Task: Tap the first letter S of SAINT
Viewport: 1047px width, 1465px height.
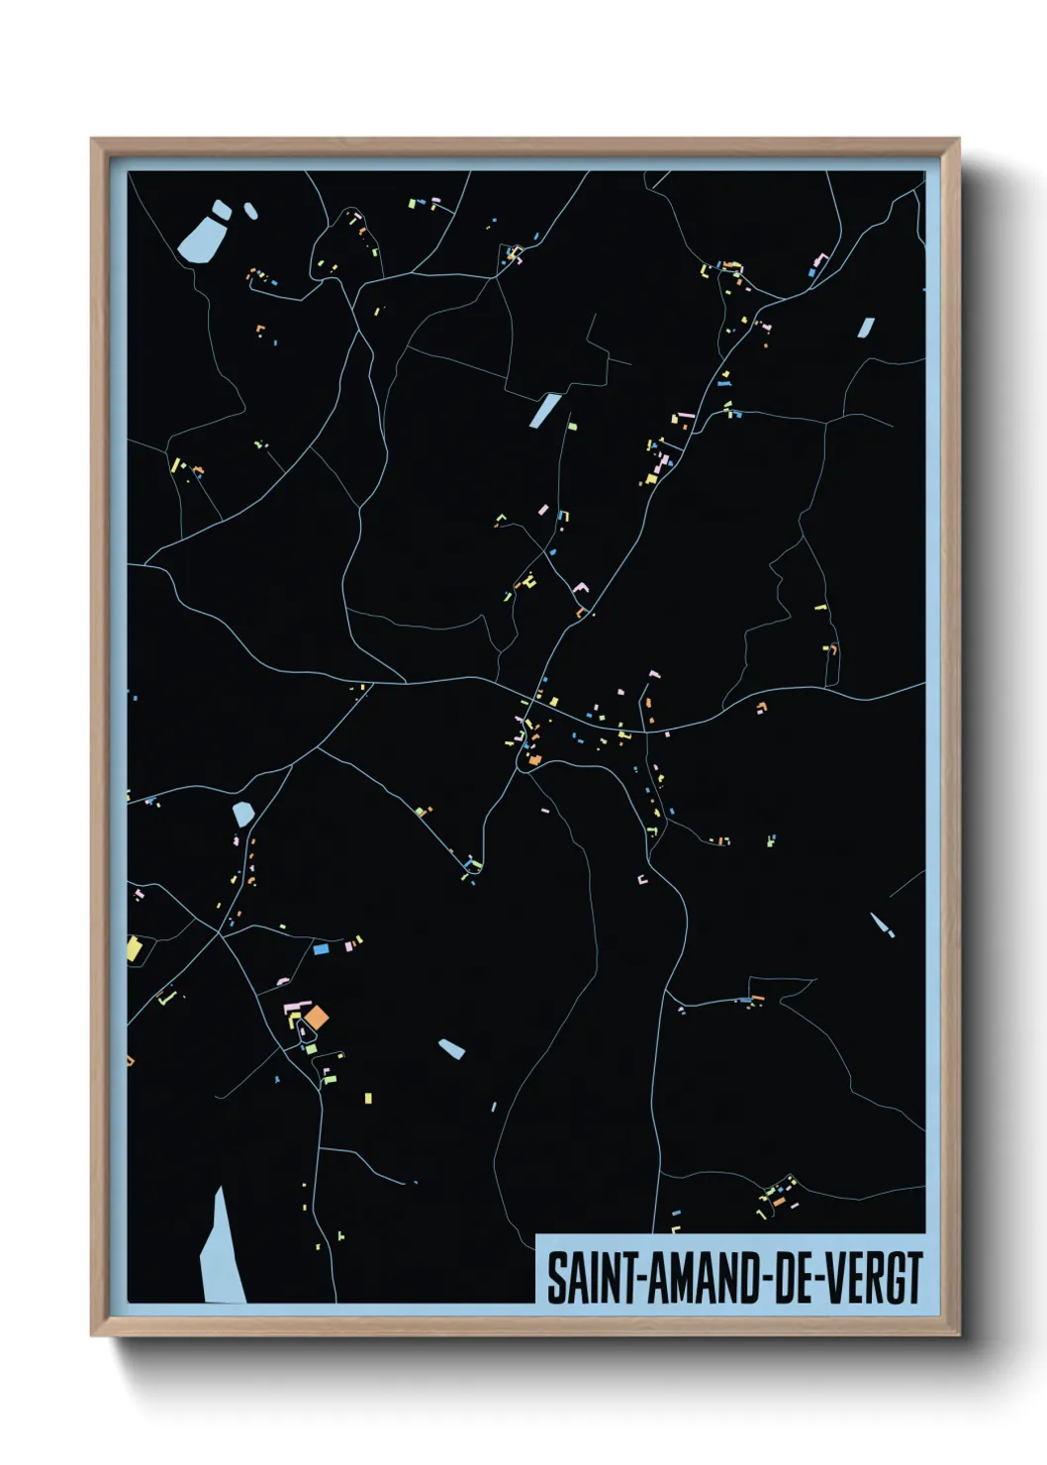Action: (x=556, y=1278)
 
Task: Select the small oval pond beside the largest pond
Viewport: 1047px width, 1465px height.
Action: (x=250, y=211)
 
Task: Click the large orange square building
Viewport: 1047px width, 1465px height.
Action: (x=317, y=1017)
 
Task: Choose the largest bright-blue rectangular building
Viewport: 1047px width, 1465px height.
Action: (x=321, y=948)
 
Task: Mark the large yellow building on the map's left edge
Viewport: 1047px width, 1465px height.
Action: (x=135, y=949)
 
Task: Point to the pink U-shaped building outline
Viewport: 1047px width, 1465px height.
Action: (x=642, y=878)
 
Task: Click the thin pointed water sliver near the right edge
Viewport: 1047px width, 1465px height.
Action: (x=880, y=926)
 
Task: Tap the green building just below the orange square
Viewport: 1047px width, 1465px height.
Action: (x=311, y=1048)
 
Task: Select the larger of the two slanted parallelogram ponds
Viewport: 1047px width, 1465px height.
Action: (x=544, y=410)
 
